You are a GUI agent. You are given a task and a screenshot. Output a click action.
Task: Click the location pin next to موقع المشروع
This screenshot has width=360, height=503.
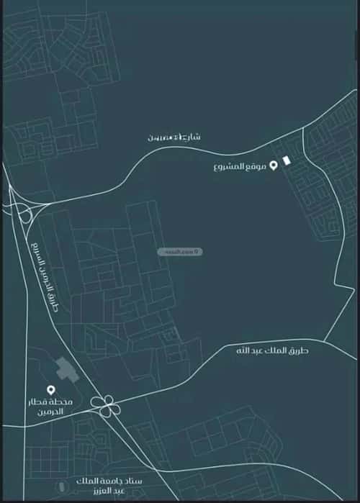pyautogui.click(x=273, y=166)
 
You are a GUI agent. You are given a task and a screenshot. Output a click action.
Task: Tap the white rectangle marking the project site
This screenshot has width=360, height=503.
pyautogui.click(x=287, y=160)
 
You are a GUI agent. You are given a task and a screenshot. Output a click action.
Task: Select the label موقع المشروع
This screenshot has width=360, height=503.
pyautogui.click(x=240, y=167)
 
